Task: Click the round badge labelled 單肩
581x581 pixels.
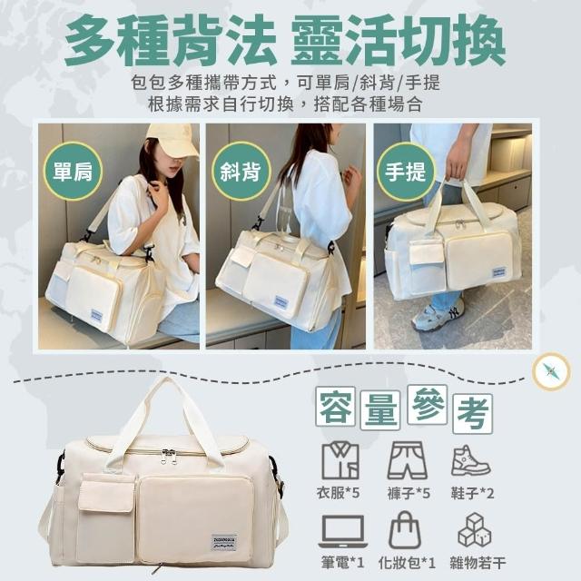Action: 73,172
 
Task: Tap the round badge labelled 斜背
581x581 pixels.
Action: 241,172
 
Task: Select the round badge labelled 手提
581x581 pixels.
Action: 406,172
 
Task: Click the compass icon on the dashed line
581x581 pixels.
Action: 550,371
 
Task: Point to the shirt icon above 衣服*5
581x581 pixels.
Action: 340,460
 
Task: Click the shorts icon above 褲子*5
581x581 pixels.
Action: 408,460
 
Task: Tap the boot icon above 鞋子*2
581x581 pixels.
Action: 470,460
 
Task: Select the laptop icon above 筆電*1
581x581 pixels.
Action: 343,531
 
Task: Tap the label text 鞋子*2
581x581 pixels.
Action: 472,493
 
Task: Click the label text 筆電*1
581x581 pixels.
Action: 342,563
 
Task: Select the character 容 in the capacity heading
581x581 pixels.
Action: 335,407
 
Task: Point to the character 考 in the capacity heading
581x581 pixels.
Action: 473,414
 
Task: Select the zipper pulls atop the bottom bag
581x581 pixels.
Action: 169,455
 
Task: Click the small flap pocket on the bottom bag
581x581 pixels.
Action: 106,493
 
